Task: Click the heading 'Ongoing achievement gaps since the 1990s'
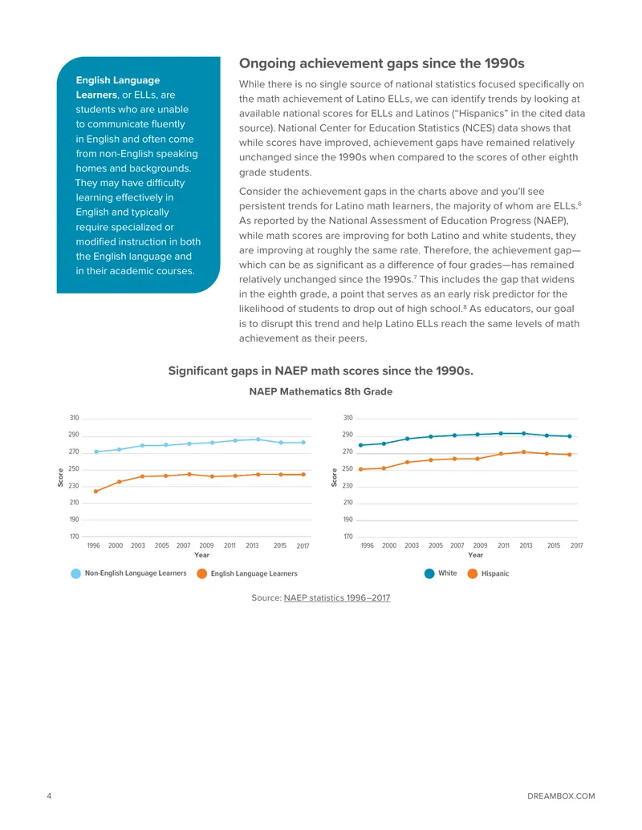381,63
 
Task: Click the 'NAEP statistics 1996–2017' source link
337,597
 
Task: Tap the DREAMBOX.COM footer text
561,796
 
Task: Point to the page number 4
49,796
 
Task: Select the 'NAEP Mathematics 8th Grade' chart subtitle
320,391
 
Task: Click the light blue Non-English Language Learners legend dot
75,573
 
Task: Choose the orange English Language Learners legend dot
201,573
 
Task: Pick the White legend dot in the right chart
429,573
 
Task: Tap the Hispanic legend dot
473,573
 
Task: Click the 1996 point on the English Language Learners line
95,492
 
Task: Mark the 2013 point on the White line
524,434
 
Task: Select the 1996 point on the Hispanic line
361,469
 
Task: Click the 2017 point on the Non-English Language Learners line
303,443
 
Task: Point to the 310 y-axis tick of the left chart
74,418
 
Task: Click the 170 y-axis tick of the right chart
348,536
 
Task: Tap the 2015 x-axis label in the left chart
280,545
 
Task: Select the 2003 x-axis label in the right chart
412,545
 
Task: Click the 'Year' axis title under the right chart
476,555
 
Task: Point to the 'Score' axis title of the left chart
60,477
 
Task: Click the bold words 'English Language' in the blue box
118,80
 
